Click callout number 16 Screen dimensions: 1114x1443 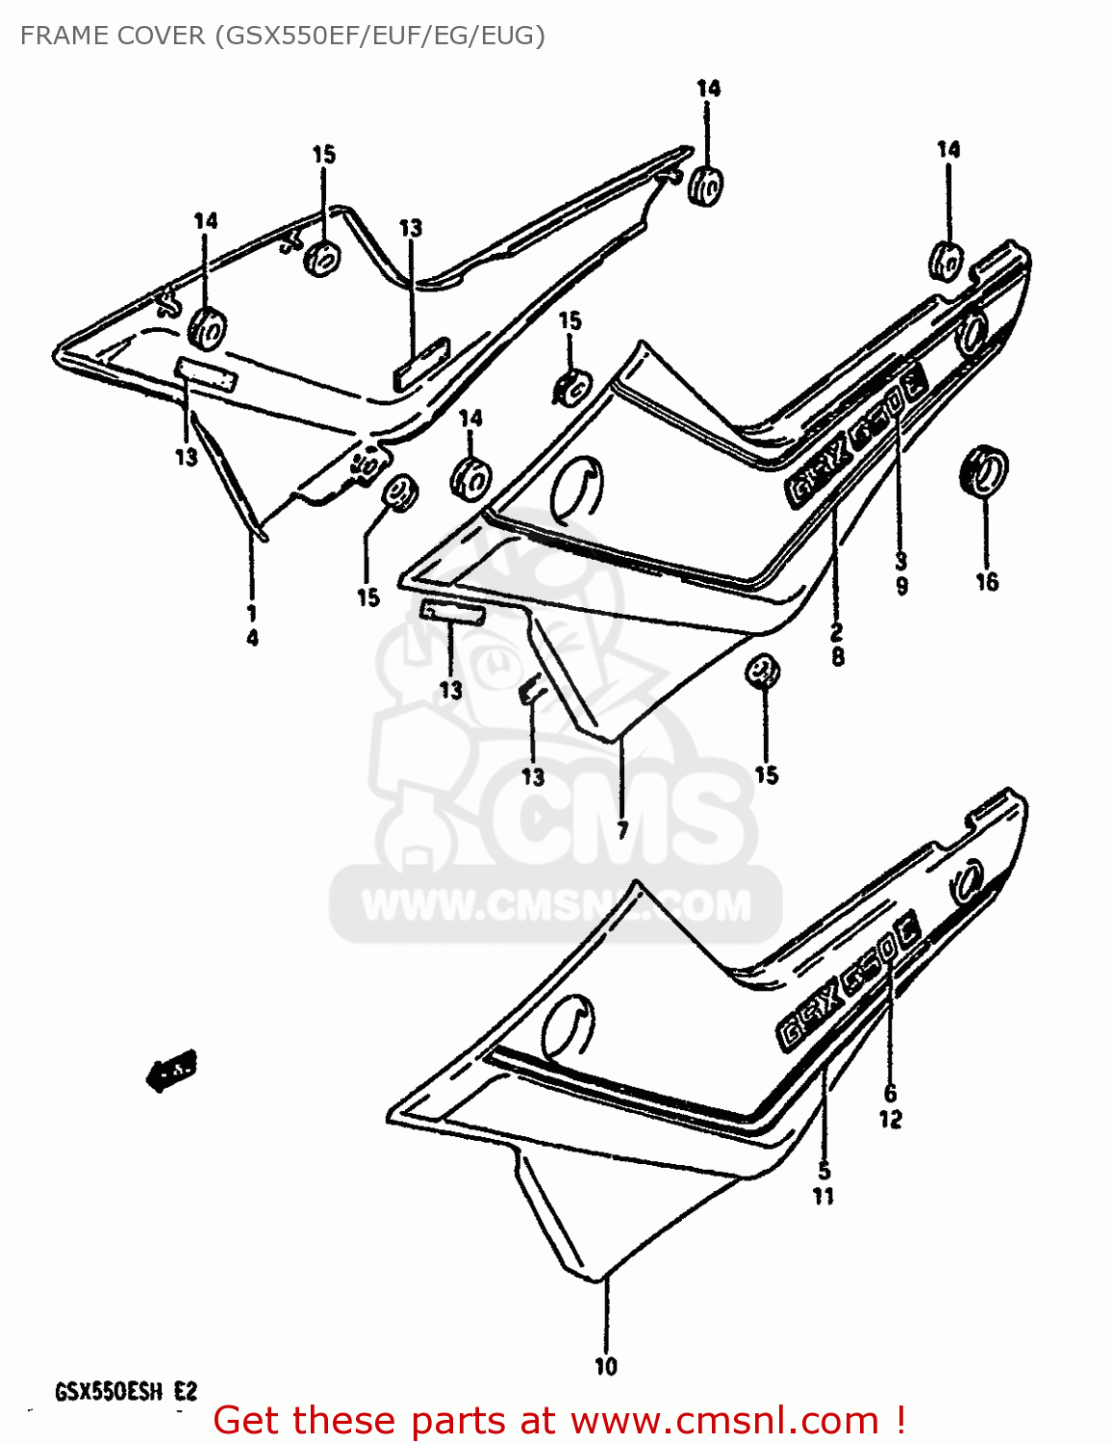(987, 582)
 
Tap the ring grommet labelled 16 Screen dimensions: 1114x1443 (983, 470)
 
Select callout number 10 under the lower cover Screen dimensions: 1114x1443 (606, 1366)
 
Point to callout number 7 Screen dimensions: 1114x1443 (622, 829)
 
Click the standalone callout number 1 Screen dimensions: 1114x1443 (252, 613)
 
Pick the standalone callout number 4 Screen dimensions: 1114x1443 (252, 638)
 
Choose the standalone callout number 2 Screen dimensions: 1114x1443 (837, 632)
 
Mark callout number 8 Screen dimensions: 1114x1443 (837, 657)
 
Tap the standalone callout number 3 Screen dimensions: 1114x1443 (901, 561)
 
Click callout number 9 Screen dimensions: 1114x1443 (901, 586)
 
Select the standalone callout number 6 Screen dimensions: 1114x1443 (890, 1093)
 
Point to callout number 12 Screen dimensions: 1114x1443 (890, 1119)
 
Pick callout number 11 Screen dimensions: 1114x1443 (823, 1197)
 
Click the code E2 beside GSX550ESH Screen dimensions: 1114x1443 (186, 1392)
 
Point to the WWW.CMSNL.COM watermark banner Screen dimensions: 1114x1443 (556, 905)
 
